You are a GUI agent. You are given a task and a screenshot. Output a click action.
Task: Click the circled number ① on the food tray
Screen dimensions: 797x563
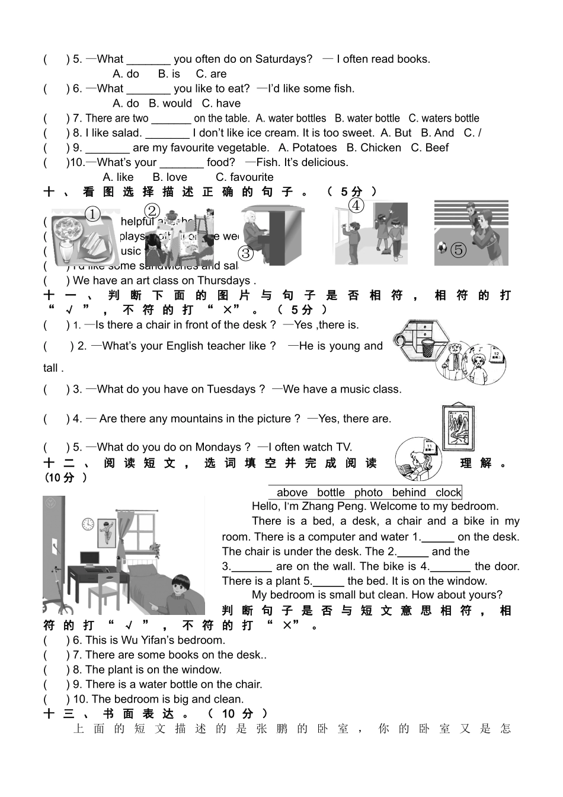pos(93,215)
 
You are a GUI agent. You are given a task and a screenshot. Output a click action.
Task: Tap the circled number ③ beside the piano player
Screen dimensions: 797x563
pos(245,254)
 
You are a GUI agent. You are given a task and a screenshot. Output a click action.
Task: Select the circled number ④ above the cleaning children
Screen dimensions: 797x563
pos(356,206)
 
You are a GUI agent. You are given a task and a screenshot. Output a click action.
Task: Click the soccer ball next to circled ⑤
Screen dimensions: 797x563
pos(441,246)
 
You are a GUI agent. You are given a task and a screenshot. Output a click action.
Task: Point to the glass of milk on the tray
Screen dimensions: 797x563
pos(64,249)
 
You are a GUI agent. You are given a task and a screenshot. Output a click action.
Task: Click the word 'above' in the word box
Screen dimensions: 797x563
pos(292,492)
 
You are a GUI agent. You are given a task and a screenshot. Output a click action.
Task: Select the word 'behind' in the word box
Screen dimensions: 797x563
pos(409,492)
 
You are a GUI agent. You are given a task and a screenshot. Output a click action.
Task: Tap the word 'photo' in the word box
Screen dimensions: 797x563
pos(369,492)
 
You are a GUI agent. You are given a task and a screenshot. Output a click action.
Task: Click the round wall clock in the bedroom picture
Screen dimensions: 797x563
pos(88,524)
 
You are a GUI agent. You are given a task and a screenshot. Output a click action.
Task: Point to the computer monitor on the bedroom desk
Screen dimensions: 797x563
pos(90,558)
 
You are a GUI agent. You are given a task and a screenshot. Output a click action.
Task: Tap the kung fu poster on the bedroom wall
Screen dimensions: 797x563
pos(107,531)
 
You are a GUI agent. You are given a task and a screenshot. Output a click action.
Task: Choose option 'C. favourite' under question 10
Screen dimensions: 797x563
pos(244,177)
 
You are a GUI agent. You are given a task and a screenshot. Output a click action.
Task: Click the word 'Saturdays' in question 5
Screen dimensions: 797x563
pos(283,59)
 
